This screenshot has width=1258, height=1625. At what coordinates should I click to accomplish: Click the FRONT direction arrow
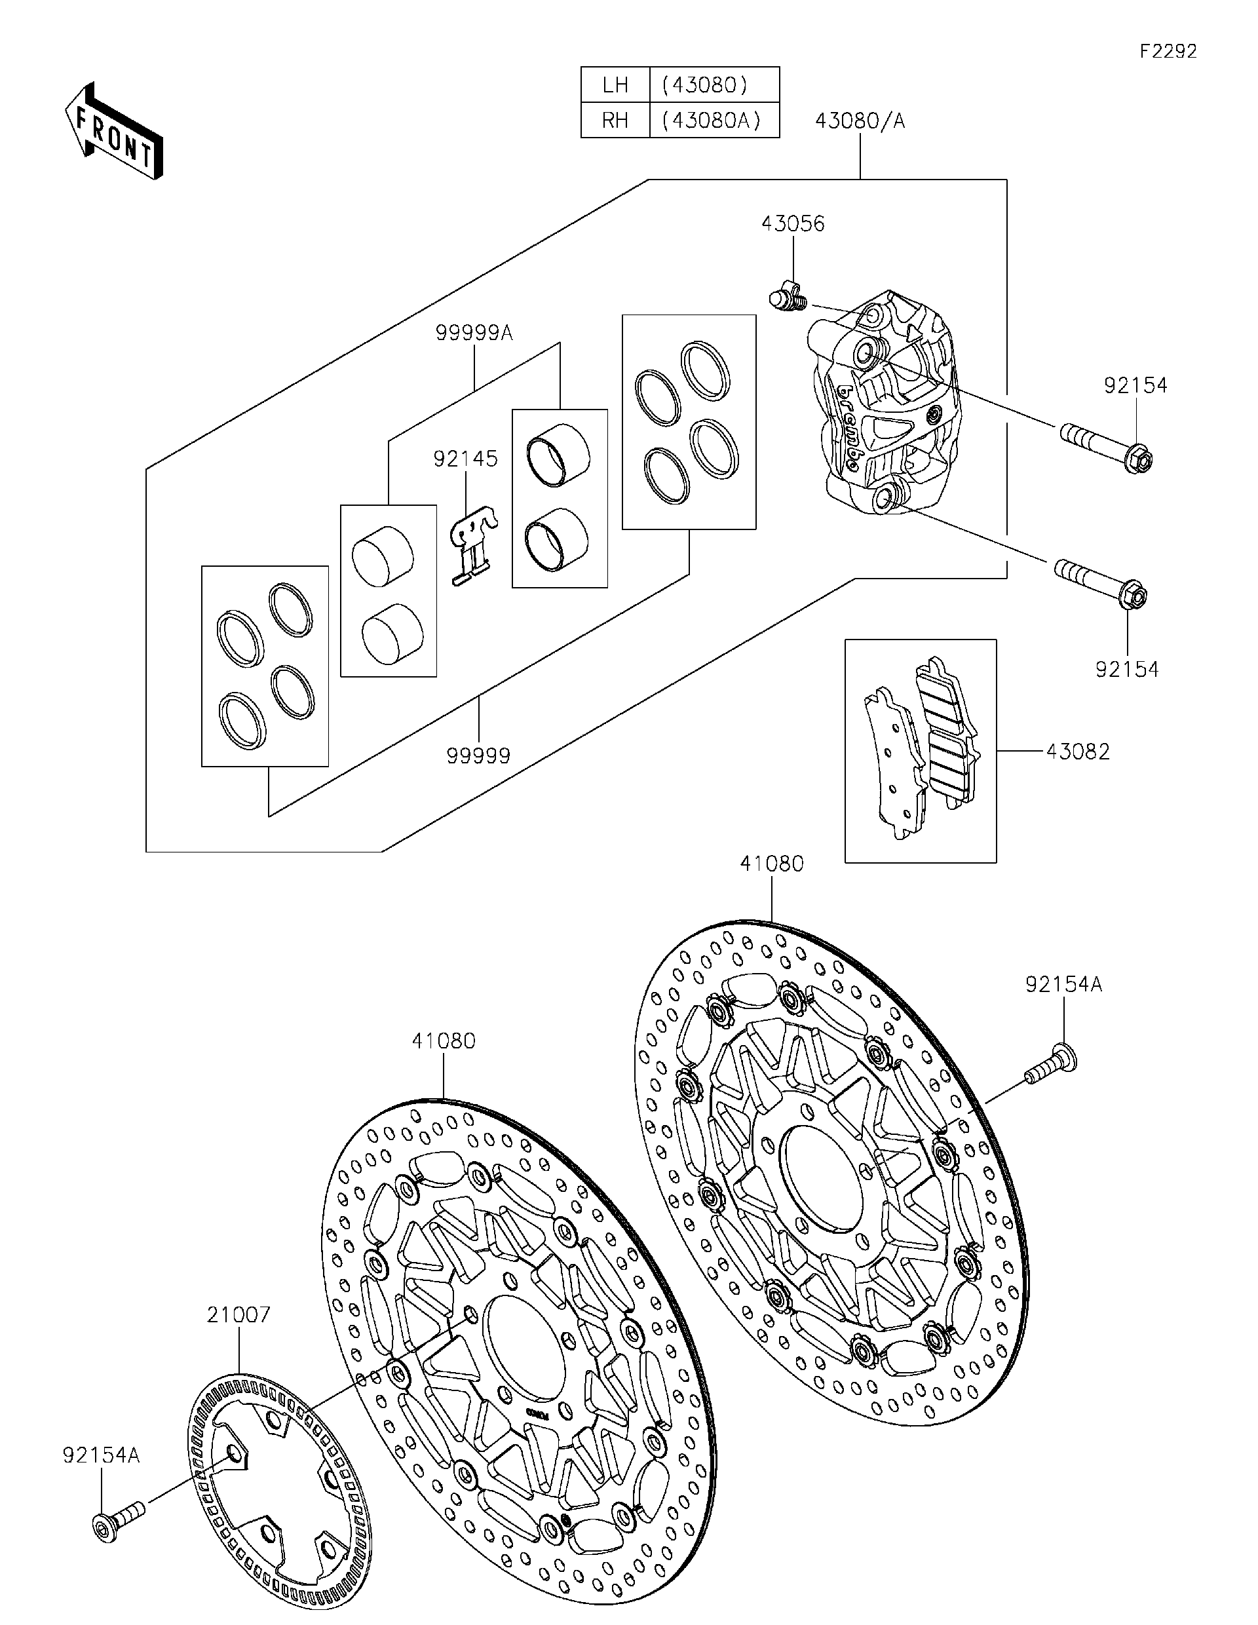click(113, 131)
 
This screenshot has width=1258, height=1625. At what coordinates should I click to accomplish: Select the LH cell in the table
click(615, 85)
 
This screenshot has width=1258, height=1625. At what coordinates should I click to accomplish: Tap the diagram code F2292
click(1168, 51)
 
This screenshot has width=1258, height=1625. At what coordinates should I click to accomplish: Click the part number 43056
click(792, 224)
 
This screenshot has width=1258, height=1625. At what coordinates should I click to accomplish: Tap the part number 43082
click(1077, 752)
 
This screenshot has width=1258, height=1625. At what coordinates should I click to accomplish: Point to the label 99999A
click(474, 333)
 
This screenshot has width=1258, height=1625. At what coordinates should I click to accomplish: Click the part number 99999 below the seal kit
click(478, 756)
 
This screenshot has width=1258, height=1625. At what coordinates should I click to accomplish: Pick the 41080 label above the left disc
click(444, 1041)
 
